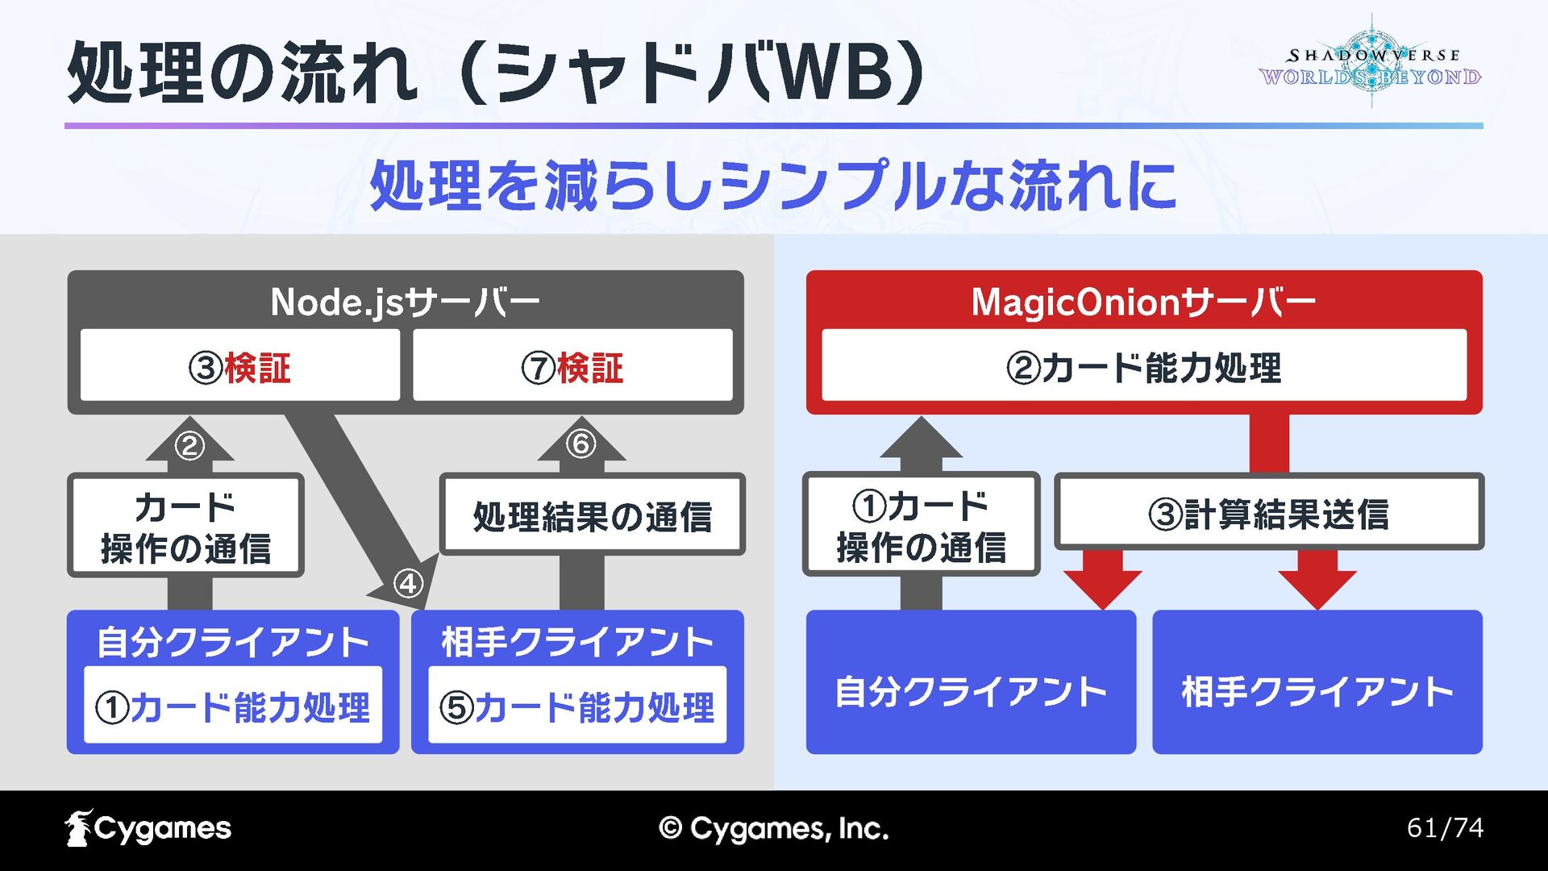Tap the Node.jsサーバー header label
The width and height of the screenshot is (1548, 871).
point(405,302)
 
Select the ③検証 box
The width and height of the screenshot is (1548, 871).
point(240,367)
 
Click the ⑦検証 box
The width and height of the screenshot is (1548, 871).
point(572,367)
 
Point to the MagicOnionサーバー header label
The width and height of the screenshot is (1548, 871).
point(1143,302)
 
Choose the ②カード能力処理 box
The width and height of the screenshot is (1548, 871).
point(1143,367)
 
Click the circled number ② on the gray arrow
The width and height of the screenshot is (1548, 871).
point(189,445)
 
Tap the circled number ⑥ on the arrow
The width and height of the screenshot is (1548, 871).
point(580,444)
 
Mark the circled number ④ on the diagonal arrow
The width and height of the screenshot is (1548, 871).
point(408,582)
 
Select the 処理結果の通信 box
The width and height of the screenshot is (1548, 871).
point(593,515)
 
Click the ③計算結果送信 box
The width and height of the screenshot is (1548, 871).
point(1269,513)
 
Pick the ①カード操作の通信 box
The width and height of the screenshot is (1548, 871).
point(921,525)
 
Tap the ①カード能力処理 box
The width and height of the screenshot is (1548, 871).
point(233,706)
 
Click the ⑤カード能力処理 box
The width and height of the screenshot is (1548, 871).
point(577,706)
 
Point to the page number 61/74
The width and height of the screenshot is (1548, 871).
point(1445,827)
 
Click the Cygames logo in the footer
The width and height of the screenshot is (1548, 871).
point(148,828)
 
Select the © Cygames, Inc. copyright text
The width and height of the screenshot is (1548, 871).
point(773,828)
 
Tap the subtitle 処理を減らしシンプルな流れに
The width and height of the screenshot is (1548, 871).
point(772,185)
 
